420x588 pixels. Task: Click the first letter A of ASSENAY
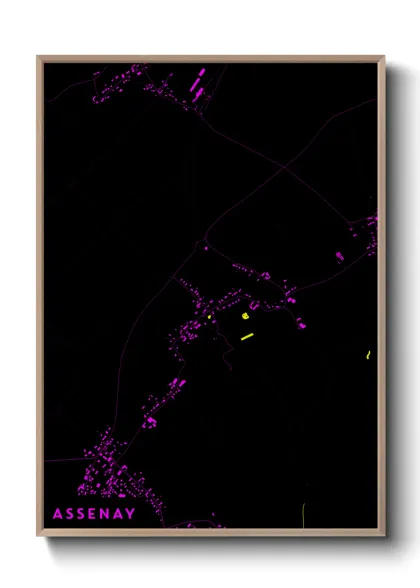point(57,514)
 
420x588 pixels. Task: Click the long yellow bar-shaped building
point(248,336)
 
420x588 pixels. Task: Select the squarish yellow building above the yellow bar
point(245,315)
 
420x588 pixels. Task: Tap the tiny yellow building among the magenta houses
point(210,317)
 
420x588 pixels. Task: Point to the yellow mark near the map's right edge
point(369,354)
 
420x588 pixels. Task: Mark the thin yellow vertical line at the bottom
point(303,517)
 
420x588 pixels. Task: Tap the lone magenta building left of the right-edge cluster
point(339,257)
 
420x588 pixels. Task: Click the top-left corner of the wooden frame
point(38,57)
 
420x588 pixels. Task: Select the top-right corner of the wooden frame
point(384,57)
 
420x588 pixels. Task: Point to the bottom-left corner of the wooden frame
point(38,535)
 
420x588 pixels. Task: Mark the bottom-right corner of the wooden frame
point(384,535)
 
